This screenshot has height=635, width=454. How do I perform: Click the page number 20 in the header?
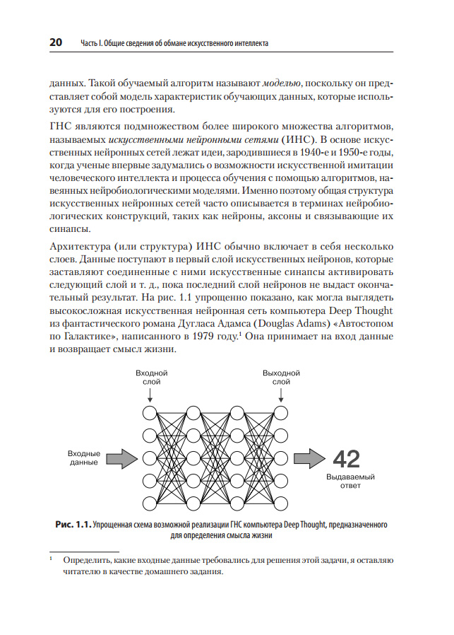pyautogui.click(x=56, y=42)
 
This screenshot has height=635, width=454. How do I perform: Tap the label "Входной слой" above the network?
pyautogui.click(x=151, y=377)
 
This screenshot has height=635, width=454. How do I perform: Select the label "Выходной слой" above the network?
pyautogui.click(x=281, y=377)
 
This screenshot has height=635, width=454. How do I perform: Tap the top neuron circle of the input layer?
pyautogui.click(x=150, y=412)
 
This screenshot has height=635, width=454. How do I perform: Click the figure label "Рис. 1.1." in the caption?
pyautogui.click(x=73, y=525)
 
